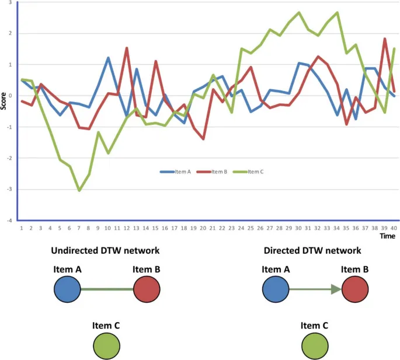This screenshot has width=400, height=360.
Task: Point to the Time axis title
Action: point(387,237)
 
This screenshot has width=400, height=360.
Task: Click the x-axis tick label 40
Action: point(394,228)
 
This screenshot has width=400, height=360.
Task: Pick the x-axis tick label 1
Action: point(22,228)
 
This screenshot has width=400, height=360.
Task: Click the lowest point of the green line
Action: point(79,190)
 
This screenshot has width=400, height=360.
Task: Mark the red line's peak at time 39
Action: point(385,39)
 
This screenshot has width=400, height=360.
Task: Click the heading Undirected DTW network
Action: point(105,251)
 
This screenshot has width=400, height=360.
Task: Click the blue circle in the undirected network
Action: point(67,289)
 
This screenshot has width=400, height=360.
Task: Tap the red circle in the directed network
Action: point(354,289)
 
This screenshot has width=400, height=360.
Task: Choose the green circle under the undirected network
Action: point(107,345)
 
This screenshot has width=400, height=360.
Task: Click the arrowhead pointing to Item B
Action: point(335,289)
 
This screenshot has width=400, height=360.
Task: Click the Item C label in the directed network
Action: point(314,326)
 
